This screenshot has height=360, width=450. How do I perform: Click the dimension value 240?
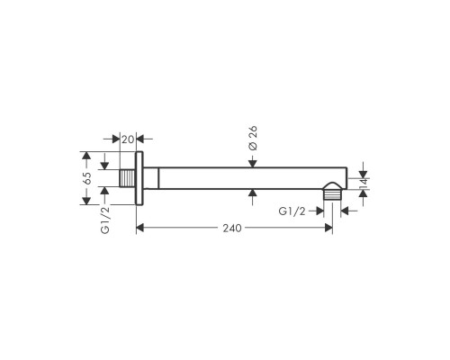(x=233, y=229)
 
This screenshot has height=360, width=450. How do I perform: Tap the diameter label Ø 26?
(x=254, y=141)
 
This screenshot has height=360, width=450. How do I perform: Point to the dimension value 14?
(x=363, y=184)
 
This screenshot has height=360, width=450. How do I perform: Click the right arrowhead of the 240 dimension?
(x=327, y=229)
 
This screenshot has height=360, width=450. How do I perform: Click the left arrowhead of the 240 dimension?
(x=141, y=229)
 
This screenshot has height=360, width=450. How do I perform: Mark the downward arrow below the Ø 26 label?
(x=254, y=163)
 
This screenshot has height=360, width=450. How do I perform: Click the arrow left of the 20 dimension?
(x=116, y=138)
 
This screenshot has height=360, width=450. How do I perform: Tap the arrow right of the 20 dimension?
(x=147, y=138)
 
